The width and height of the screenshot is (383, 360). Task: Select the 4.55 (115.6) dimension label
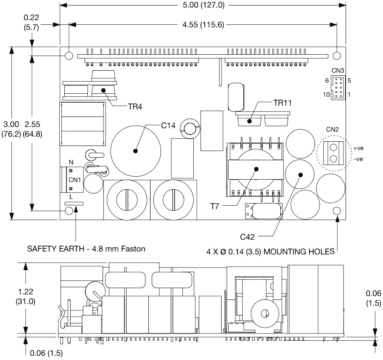[x=203, y=25]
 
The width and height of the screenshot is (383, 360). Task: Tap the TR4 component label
[x=135, y=106]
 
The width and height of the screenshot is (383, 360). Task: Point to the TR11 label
[x=283, y=102]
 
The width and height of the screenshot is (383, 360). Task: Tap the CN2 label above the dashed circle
[x=332, y=129]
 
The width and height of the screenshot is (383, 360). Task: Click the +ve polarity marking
[x=358, y=148]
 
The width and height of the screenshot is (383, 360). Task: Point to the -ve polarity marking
[x=358, y=159]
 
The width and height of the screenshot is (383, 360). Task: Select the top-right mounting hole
[x=337, y=56]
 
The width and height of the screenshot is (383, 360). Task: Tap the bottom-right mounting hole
[x=337, y=211]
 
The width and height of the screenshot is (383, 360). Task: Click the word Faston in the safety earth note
[x=133, y=249]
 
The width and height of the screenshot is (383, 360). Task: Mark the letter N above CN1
[x=71, y=162]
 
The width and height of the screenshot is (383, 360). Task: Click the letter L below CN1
[x=71, y=197]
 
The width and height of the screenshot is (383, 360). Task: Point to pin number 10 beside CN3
[x=326, y=95]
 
